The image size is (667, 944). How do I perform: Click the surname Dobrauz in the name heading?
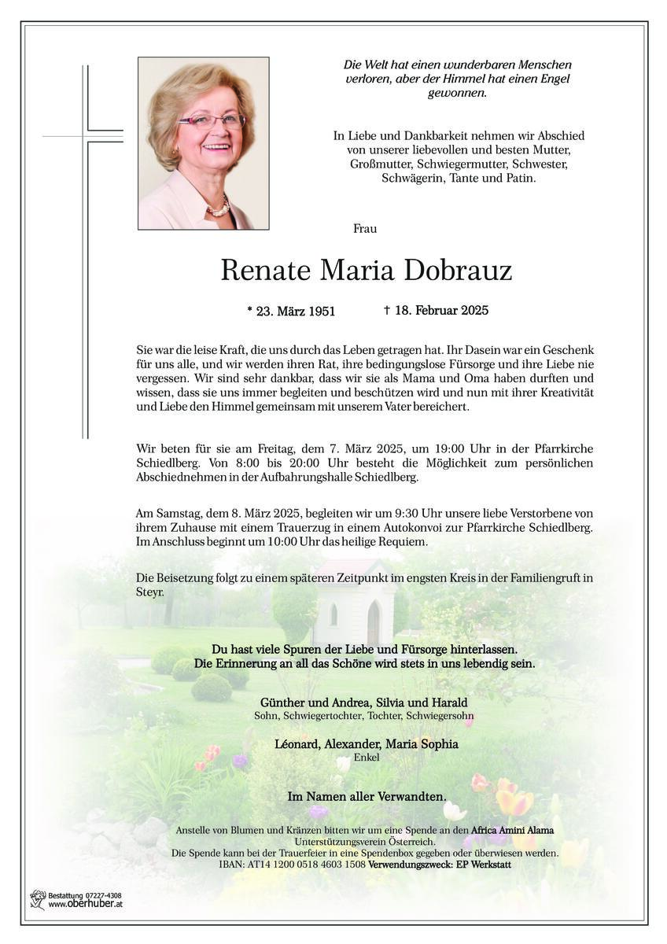458,271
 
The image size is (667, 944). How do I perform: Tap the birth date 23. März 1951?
290,312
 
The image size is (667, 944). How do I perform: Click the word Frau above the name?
366,229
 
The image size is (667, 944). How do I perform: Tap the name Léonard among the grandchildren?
299,744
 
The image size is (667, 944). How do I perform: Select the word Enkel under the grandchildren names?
367,758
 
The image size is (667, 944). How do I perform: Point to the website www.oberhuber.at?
85,905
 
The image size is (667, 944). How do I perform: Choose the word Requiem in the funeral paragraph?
404,542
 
